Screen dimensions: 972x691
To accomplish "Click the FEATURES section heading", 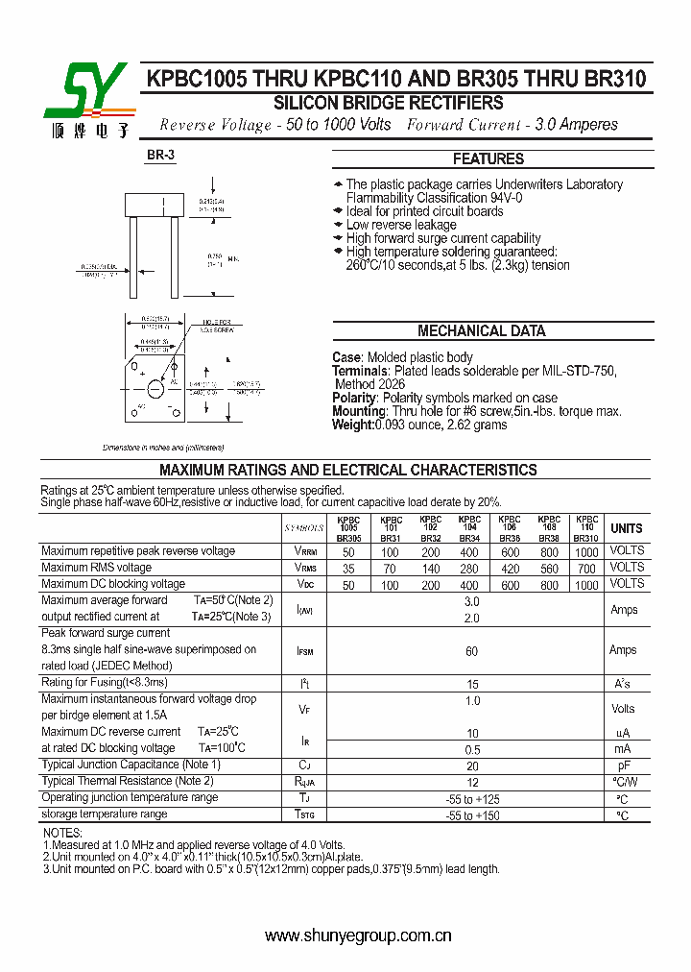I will point(488,158).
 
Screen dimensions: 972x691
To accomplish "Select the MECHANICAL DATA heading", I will point(481,330).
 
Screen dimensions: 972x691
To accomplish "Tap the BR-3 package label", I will point(160,155).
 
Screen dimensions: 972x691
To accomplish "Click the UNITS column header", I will point(627,528).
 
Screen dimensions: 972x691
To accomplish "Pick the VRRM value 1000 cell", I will point(586,551).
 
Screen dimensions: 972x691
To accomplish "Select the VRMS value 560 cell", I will point(549,568).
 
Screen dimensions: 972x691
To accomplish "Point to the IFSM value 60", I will point(471,651).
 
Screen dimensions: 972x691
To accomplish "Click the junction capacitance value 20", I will point(471,765).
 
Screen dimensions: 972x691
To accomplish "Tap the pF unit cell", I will point(623,765).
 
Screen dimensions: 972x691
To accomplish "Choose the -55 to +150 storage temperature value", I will point(471,814).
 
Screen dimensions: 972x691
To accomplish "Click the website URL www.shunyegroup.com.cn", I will point(358,936).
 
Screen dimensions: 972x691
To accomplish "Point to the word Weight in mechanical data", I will point(352,425).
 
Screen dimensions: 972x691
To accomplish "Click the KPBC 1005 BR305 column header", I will point(348,528).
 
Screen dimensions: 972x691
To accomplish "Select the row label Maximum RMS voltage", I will point(96,568).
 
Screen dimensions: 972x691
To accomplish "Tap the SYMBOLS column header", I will point(304,528).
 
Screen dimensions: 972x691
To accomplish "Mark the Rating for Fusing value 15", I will point(471,684).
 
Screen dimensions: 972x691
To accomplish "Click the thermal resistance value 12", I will point(471,782).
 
